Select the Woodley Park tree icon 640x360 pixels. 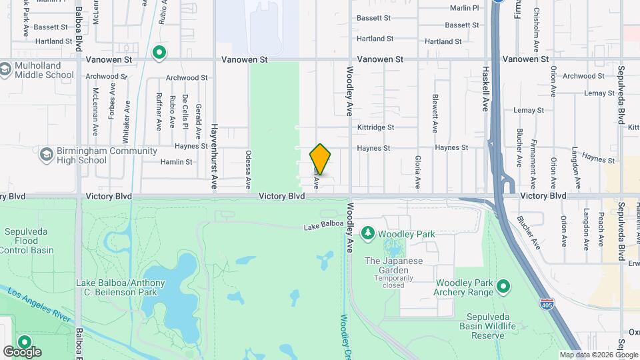point(367,233)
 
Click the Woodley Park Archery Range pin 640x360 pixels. point(503,287)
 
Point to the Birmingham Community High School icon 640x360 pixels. point(46,155)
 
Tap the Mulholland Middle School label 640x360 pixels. point(44,70)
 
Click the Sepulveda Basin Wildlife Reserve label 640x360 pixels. point(487,326)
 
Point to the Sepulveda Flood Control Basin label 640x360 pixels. point(27,241)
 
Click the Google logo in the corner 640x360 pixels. point(22,351)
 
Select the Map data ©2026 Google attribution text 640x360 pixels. point(599,355)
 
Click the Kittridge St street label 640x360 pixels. point(375,127)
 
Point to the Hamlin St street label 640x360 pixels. point(176,162)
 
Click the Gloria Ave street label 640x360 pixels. point(418,171)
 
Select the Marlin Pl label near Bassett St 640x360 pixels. point(465,8)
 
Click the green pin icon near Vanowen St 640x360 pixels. point(159,52)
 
